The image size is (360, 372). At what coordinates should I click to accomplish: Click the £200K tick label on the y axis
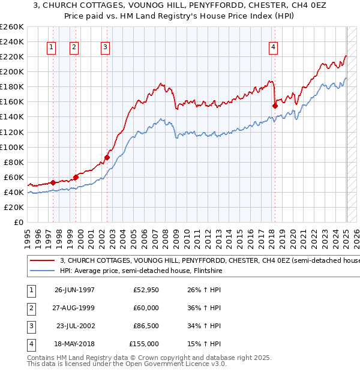12,71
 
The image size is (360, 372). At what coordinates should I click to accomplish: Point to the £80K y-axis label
14,162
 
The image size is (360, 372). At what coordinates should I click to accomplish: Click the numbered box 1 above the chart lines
51,47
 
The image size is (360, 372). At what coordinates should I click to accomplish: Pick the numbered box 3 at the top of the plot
105,47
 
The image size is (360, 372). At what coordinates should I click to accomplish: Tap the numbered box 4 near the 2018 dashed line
273,47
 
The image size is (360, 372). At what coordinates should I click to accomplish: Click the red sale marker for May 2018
275,106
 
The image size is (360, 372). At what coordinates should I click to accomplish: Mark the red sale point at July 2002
107,157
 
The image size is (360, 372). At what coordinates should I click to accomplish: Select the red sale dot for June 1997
53,182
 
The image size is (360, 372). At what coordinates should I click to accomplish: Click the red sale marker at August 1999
76,177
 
